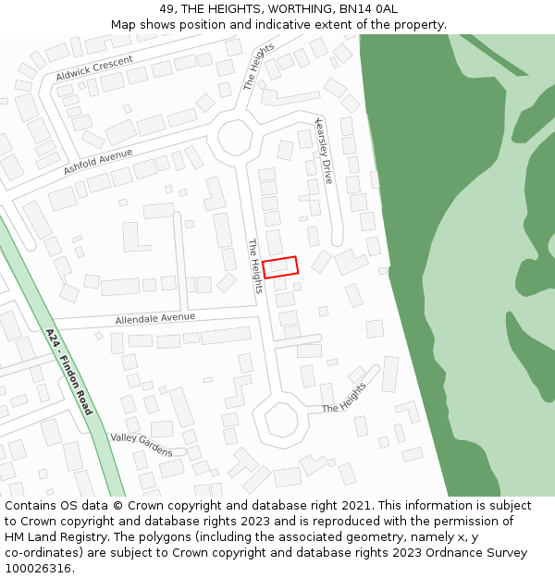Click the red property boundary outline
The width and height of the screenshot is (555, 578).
pos(280,266)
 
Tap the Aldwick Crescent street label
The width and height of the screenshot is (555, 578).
pos(94,67)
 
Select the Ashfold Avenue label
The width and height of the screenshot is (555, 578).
pos(98,162)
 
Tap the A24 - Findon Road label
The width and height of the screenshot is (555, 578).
pos(69,371)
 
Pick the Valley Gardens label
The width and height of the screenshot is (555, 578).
pos(142,444)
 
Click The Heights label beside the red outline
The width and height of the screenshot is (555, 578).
pos(255,265)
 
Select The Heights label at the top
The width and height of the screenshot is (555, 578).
pos(259,66)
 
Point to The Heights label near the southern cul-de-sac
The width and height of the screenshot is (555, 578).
pos(343,397)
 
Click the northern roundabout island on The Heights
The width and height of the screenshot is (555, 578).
pos(234,139)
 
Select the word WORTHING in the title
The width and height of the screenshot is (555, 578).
pos(301,9)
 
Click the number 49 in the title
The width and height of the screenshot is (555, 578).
pos(166,9)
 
